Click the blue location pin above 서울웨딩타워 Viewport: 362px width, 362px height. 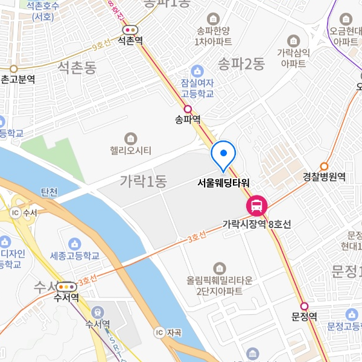[x=224, y=154]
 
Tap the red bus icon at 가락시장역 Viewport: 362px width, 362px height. [x=256, y=206]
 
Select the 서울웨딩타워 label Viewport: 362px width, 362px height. [x=224, y=182]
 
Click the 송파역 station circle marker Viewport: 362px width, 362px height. [x=188, y=109]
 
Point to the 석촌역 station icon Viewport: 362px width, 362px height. [x=130, y=29]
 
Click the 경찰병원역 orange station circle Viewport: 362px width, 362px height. [x=324, y=166]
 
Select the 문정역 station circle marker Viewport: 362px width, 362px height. [x=304, y=306]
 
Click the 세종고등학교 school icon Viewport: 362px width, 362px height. [x=74, y=243]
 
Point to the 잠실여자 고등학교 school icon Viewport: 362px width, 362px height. [x=197, y=71]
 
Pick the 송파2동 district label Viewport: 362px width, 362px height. [x=241, y=62]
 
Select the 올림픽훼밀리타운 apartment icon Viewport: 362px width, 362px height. [x=219, y=267]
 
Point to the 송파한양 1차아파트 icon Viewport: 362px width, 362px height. [x=213, y=19]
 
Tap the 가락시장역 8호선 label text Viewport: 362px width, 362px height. [x=256, y=224]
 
